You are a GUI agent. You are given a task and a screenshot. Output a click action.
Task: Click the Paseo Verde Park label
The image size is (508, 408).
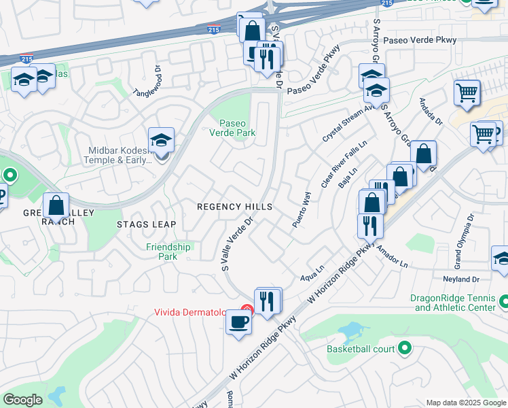[x=237, y=128]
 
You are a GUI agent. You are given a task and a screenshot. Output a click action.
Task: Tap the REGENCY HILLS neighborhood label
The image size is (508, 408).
[x=234, y=207]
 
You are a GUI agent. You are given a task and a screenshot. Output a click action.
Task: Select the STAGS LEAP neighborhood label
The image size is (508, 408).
[x=146, y=224]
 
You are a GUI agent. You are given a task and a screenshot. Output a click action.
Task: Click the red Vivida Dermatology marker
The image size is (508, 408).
[x=247, y=310]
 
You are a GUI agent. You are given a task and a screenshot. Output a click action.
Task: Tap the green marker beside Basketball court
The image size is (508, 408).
[x=405, y=349]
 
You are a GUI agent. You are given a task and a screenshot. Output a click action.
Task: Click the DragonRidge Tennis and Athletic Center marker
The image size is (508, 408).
[x=503, y=301]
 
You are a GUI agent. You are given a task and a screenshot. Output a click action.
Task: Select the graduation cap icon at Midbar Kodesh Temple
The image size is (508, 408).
[x=162, y=141]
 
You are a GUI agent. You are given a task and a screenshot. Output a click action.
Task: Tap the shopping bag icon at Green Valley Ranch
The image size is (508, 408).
[x=56, y=205]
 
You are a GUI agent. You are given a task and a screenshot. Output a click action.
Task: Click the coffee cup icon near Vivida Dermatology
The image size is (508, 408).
[x=238, y=322]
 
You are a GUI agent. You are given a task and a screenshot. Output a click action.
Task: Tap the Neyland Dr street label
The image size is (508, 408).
[x=462, y=279]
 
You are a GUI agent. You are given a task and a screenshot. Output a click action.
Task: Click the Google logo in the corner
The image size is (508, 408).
[x=22, y=400]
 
